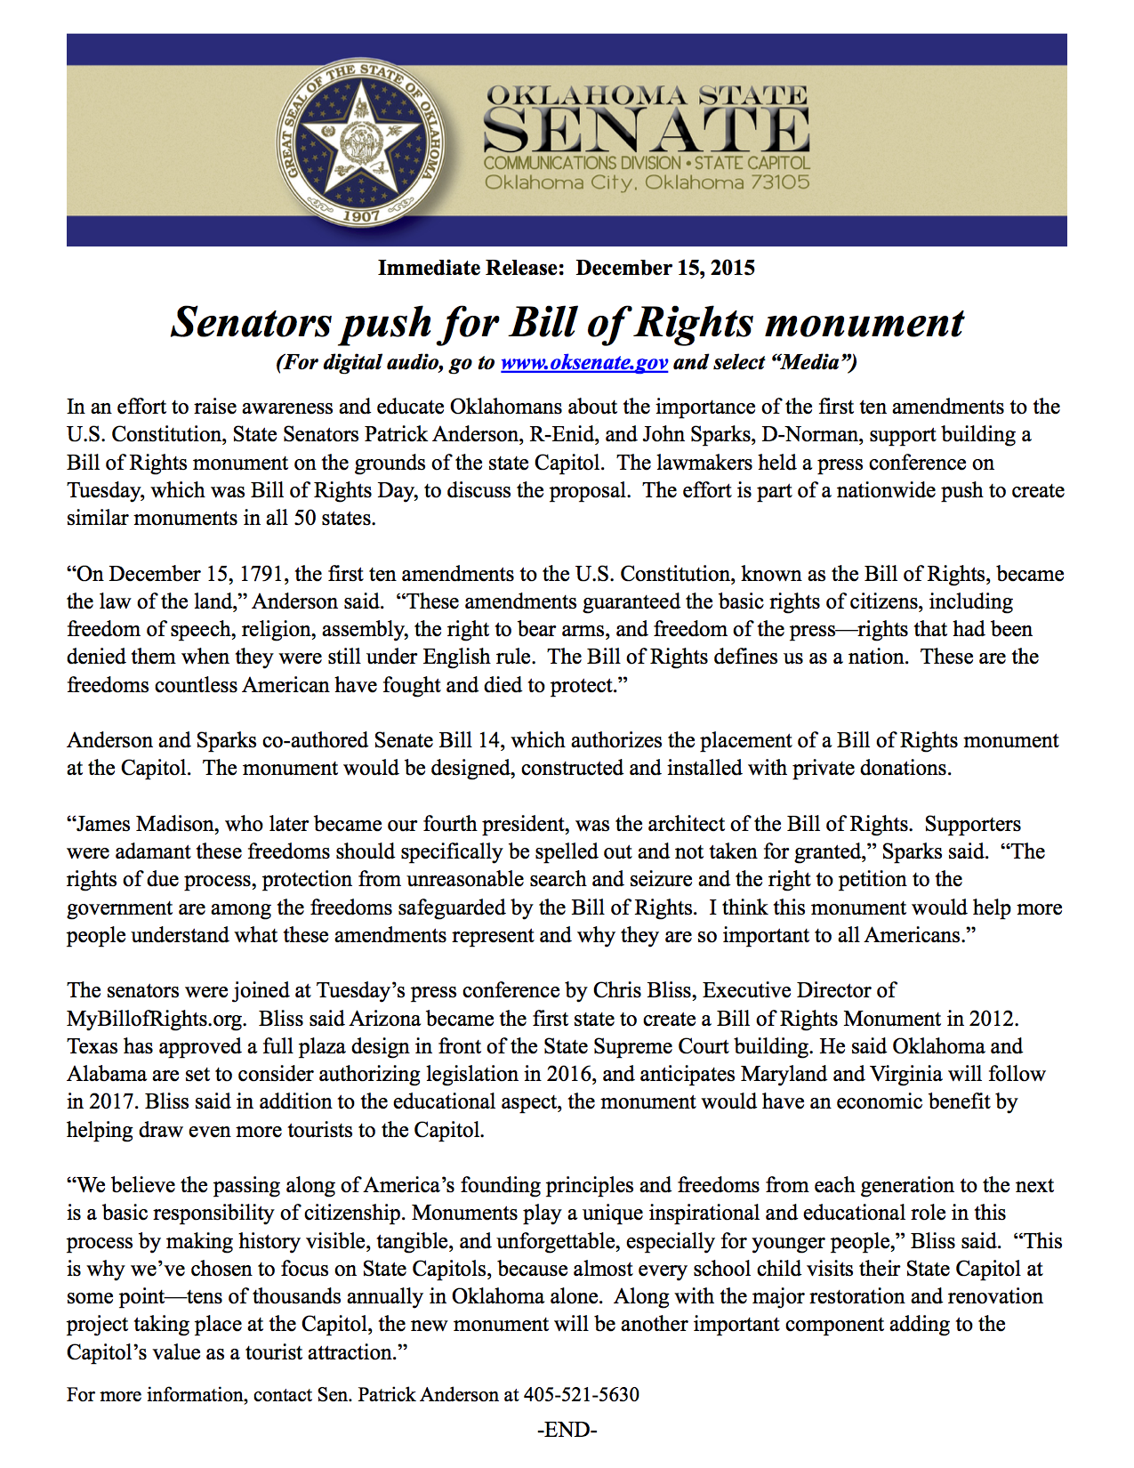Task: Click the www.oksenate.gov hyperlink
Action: coord(583,363)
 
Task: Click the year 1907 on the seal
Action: coord(361,215)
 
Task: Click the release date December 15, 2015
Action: coord(665,268)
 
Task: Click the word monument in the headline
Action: coord(864,322)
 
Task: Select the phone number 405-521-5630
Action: coord(581,1394)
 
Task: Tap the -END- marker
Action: coord(567,1430)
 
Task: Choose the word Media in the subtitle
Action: coord(813,363)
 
